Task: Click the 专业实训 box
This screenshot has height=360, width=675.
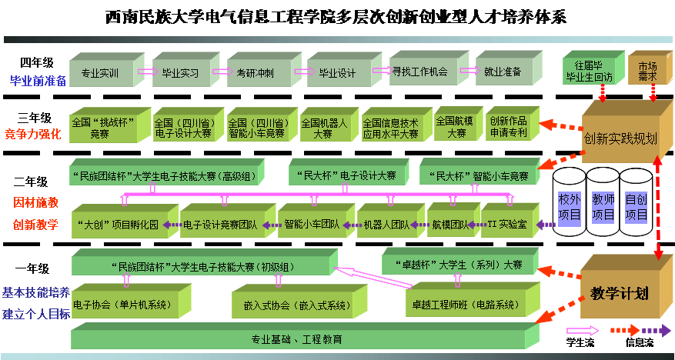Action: [99, 73]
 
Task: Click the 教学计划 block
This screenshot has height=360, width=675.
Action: [620, 293]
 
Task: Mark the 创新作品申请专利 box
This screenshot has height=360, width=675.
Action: [508, 128]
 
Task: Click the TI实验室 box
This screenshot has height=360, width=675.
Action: [506, 225]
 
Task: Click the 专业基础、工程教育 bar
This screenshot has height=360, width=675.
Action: [296, 339]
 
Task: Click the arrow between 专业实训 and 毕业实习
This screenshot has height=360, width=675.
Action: [144, 72]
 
